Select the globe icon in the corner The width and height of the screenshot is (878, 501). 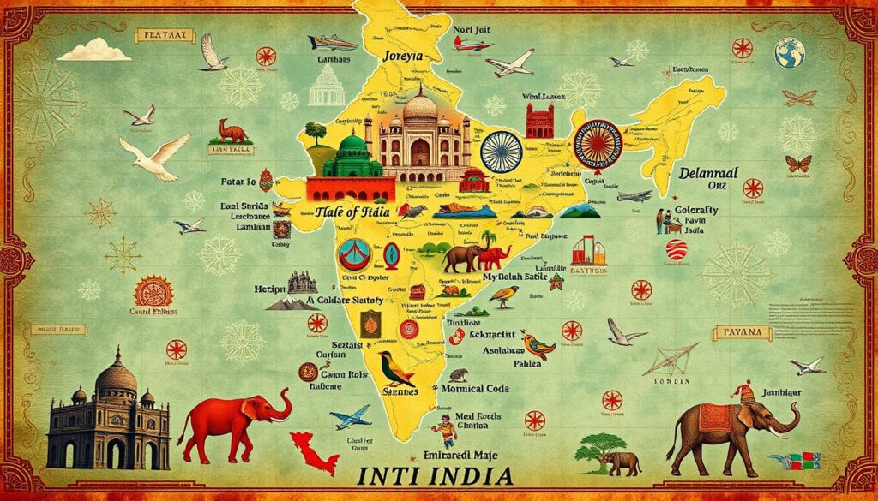click(x=790, y=54)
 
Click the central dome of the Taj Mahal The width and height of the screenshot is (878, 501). click(x=420, y=107)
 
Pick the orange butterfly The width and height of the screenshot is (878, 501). click(x=797, y=163)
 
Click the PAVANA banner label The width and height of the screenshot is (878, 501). click(x=741, y=333)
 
